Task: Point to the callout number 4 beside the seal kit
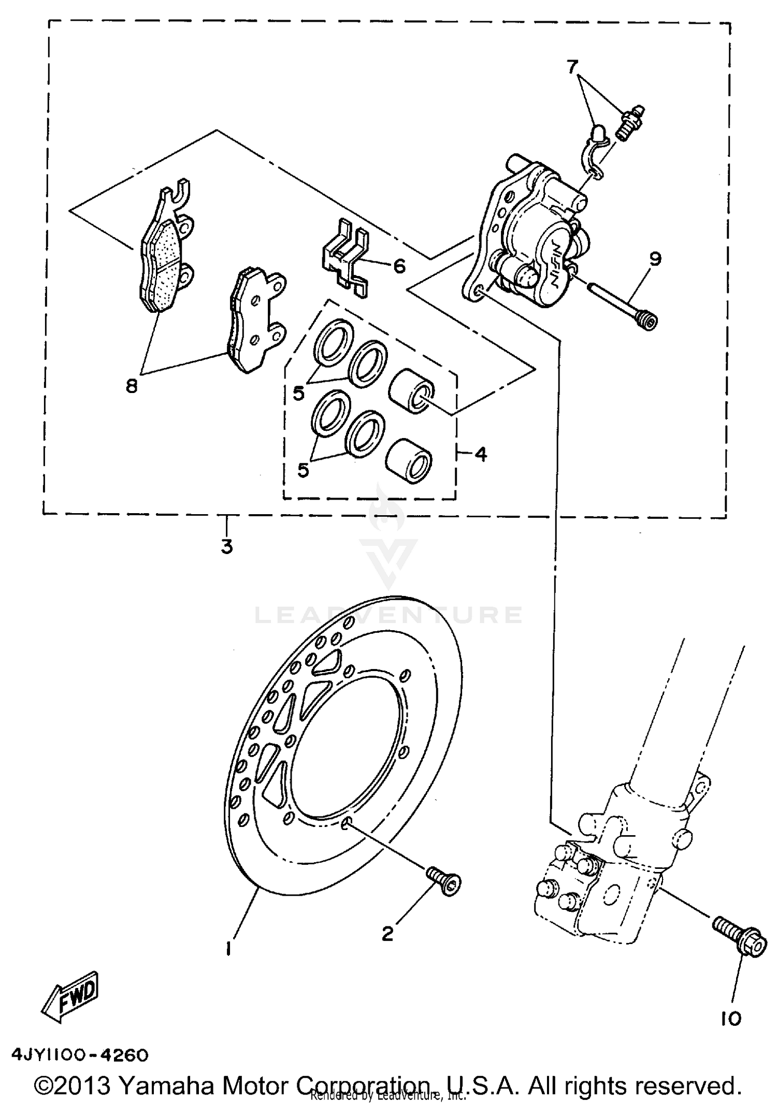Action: [481, 454]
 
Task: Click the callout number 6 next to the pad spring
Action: [399, 266]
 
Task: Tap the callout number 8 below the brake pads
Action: [132, 385]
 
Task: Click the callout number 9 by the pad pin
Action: [655, 258]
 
